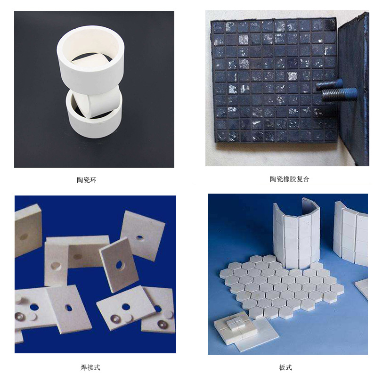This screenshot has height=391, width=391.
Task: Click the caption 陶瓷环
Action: coord(87,180)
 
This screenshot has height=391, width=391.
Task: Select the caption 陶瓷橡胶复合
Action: coord(290,179)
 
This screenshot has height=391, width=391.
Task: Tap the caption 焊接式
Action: coord(90,367)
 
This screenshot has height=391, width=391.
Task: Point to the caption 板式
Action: coord(285,367)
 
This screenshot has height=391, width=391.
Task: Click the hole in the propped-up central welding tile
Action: coord(120,265)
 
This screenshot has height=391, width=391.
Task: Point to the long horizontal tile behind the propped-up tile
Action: coord(78,252)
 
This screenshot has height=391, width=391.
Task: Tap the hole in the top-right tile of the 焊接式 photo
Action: coord(140,237)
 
